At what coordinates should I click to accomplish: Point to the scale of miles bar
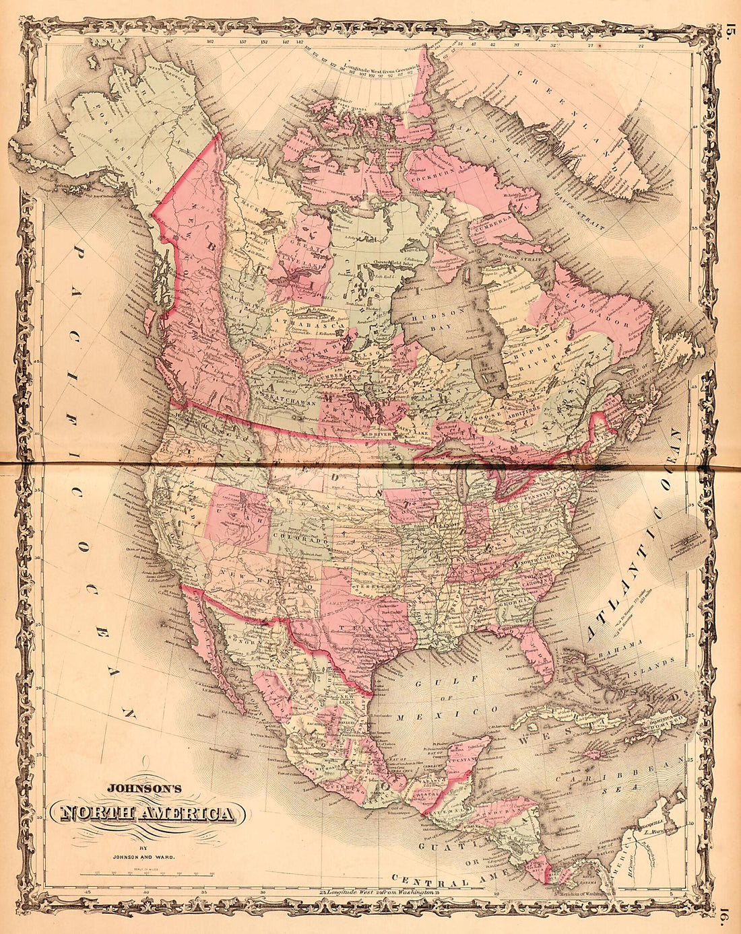click(147, 872)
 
